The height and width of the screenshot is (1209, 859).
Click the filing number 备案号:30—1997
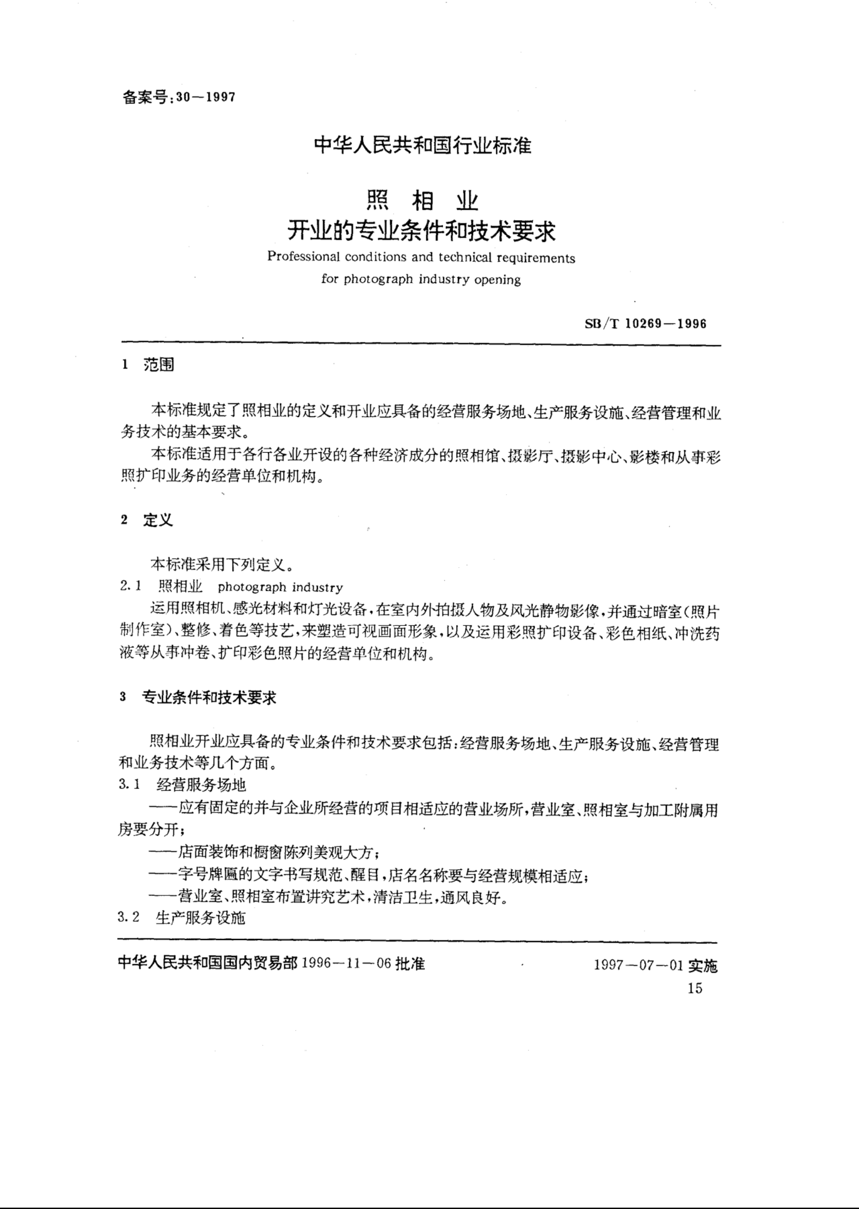point(179,97)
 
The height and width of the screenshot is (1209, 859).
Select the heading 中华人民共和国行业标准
point(423,145)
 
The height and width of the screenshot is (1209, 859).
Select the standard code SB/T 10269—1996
point(645,324)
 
